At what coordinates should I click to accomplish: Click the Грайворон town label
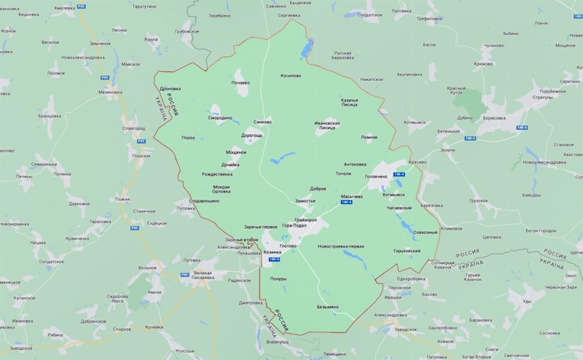(x=306, y=219)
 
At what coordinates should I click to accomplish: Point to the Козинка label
(x=272, y=252)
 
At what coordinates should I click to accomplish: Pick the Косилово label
(x=291, y=75)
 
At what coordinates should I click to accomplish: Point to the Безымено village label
(x=327, y=307)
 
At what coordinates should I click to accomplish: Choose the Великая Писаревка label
(x=197, y=275)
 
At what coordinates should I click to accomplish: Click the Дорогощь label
(x=252, y=136)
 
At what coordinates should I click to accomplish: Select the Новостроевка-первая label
(x=341, y=246)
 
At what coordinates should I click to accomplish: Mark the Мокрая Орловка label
(x=221, y=189)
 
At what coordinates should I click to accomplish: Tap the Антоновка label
(x=355, y=164)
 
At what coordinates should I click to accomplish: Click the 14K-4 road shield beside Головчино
(x=399, y=175)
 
